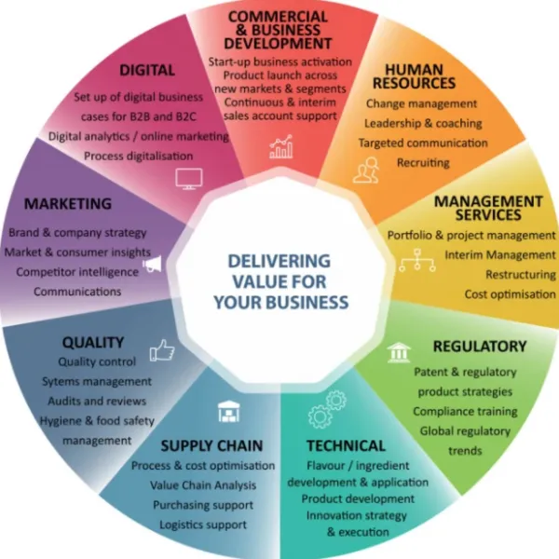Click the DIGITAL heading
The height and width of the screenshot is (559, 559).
(x=147, y=70)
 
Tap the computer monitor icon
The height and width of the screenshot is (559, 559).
(x=189, y=179)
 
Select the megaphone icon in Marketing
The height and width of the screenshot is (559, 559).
(x=152, y=265)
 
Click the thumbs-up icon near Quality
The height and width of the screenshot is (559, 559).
(x=162, y=350)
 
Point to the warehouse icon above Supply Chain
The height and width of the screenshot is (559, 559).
(x=229, y=411)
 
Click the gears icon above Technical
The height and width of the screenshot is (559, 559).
(x=327, y=409)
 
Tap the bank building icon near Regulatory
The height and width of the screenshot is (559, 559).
(x=399, y=352)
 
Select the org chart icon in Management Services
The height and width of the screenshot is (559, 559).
(x=417, y=261)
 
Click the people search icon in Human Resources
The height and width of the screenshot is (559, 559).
(x=366, y=170)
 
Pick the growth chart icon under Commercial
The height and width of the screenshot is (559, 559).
(x=281, y=146)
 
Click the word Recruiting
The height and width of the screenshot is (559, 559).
(x=423, y=162)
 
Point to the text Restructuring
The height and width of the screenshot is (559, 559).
(x=521, y=275)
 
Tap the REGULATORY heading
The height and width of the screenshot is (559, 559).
(x=480, y=347)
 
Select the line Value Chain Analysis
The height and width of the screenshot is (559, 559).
(x=203, y=485)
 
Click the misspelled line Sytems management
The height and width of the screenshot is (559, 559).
(x=97, y=381)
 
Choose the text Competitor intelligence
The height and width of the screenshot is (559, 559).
(x=77, y=272)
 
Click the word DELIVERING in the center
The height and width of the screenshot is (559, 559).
(x=279, y=261)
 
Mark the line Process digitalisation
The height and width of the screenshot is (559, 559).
(x=138, y=157)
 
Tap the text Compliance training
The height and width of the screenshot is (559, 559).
(x=465, y=412)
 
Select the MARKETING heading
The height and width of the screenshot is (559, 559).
(x=68, y=203)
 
